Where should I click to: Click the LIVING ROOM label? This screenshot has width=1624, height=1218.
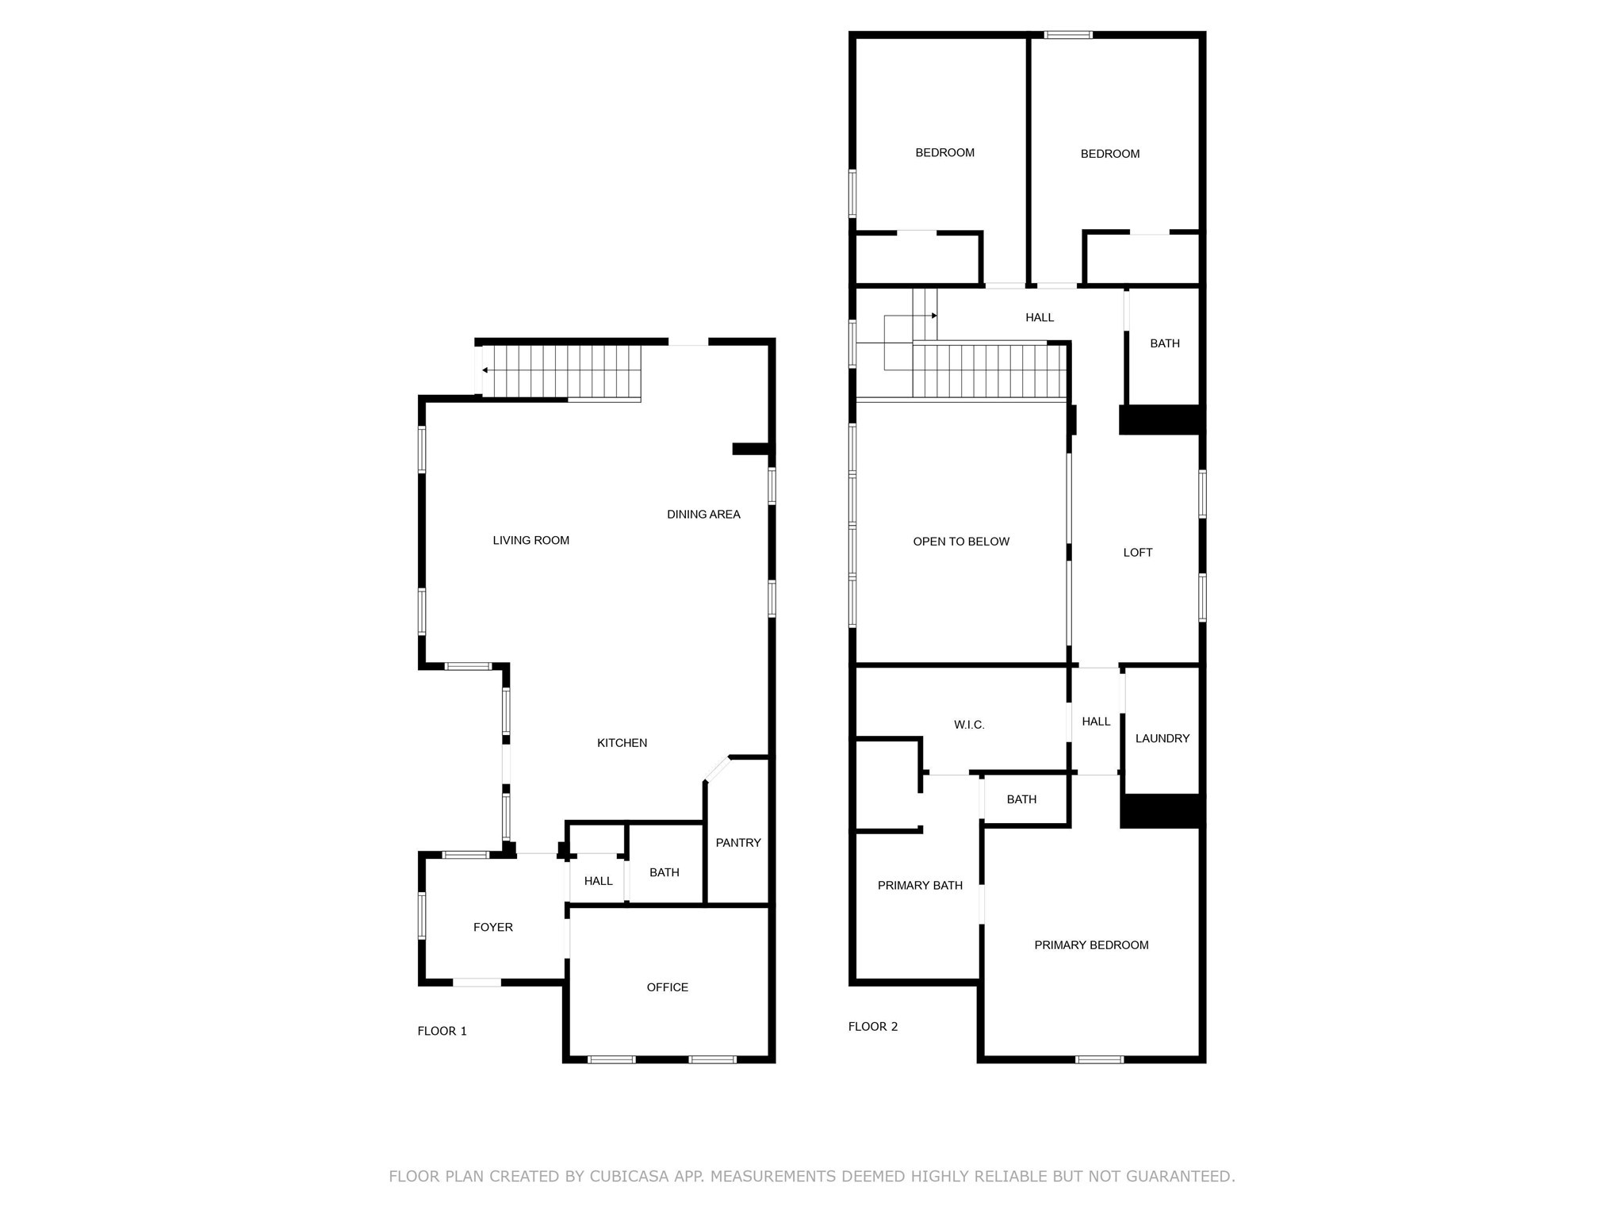(x=530, y=540)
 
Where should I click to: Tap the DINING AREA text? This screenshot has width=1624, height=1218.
(x=703, y=514)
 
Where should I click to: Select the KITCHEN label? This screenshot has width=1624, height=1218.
(x=622, y=743)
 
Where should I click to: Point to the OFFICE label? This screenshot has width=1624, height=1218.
(x=667, y=987)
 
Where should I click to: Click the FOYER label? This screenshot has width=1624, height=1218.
(x=492, y=927)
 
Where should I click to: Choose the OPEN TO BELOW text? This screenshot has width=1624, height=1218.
(x=961, y=542)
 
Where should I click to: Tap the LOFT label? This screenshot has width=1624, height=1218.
(x=1137, y=553)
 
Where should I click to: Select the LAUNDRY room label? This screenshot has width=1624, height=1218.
(x=1162, y=738)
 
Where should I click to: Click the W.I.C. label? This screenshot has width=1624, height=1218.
(x=969, y=725)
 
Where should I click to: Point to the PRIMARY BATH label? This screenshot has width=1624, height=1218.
(x=920, y=886)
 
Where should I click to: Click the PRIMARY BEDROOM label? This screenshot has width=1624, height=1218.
(x=1091, y=945)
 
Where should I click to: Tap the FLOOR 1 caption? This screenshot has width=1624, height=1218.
(x=442, y=1031)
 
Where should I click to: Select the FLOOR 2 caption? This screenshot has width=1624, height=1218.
(x=872, y=1026)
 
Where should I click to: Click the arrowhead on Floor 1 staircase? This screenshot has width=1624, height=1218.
(x=485, y=370)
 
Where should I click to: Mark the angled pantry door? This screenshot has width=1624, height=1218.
(x=717, y=769)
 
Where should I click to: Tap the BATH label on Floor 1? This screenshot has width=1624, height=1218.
(x=664, y=872)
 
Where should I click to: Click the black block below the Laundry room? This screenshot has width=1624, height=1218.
(x=1161, y=810)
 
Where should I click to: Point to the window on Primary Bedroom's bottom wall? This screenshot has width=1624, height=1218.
(x=1099, y=1059)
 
